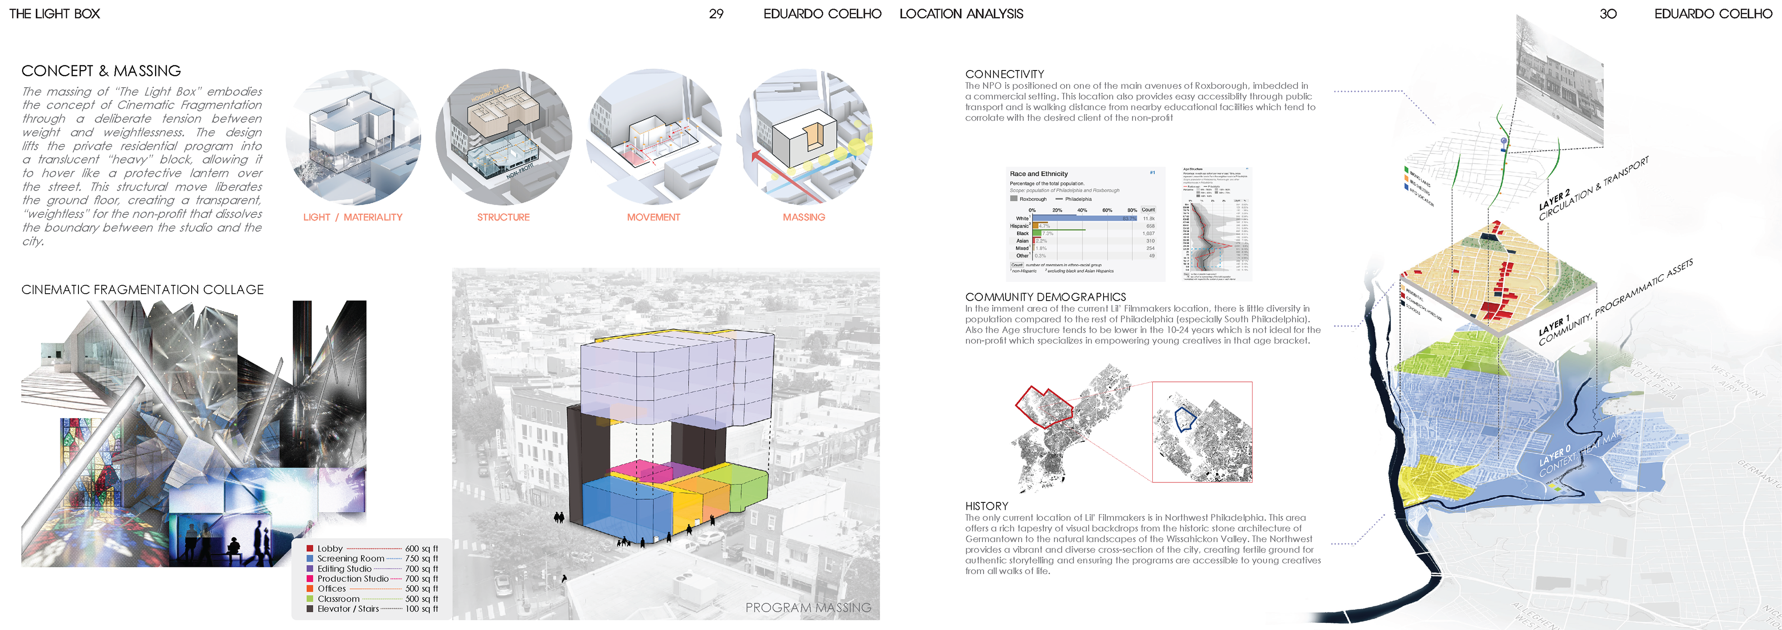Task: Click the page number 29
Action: pos(716,14)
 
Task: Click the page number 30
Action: pos(1608,14)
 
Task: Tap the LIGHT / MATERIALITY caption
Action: pos(352,217)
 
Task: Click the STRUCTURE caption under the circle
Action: pos(503,217)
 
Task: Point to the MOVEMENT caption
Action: pos(653,217)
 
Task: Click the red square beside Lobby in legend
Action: pos(310,548)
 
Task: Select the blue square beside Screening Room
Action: pos(310,559)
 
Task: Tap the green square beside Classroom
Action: pos(310,599)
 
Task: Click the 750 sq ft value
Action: pos(421,559)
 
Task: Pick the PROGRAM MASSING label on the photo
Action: pos(808,608)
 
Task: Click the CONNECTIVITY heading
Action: pos(1004,74)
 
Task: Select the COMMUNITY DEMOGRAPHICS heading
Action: pos(1045,296)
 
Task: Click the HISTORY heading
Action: pos(987,506)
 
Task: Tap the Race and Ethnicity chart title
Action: pos(1039,174)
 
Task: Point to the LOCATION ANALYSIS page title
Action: pos(961,14)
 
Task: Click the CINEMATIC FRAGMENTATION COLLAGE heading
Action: pos(142,290)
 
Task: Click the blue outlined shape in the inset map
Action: pos(1184,418)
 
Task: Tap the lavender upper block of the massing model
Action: pos(674,377)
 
